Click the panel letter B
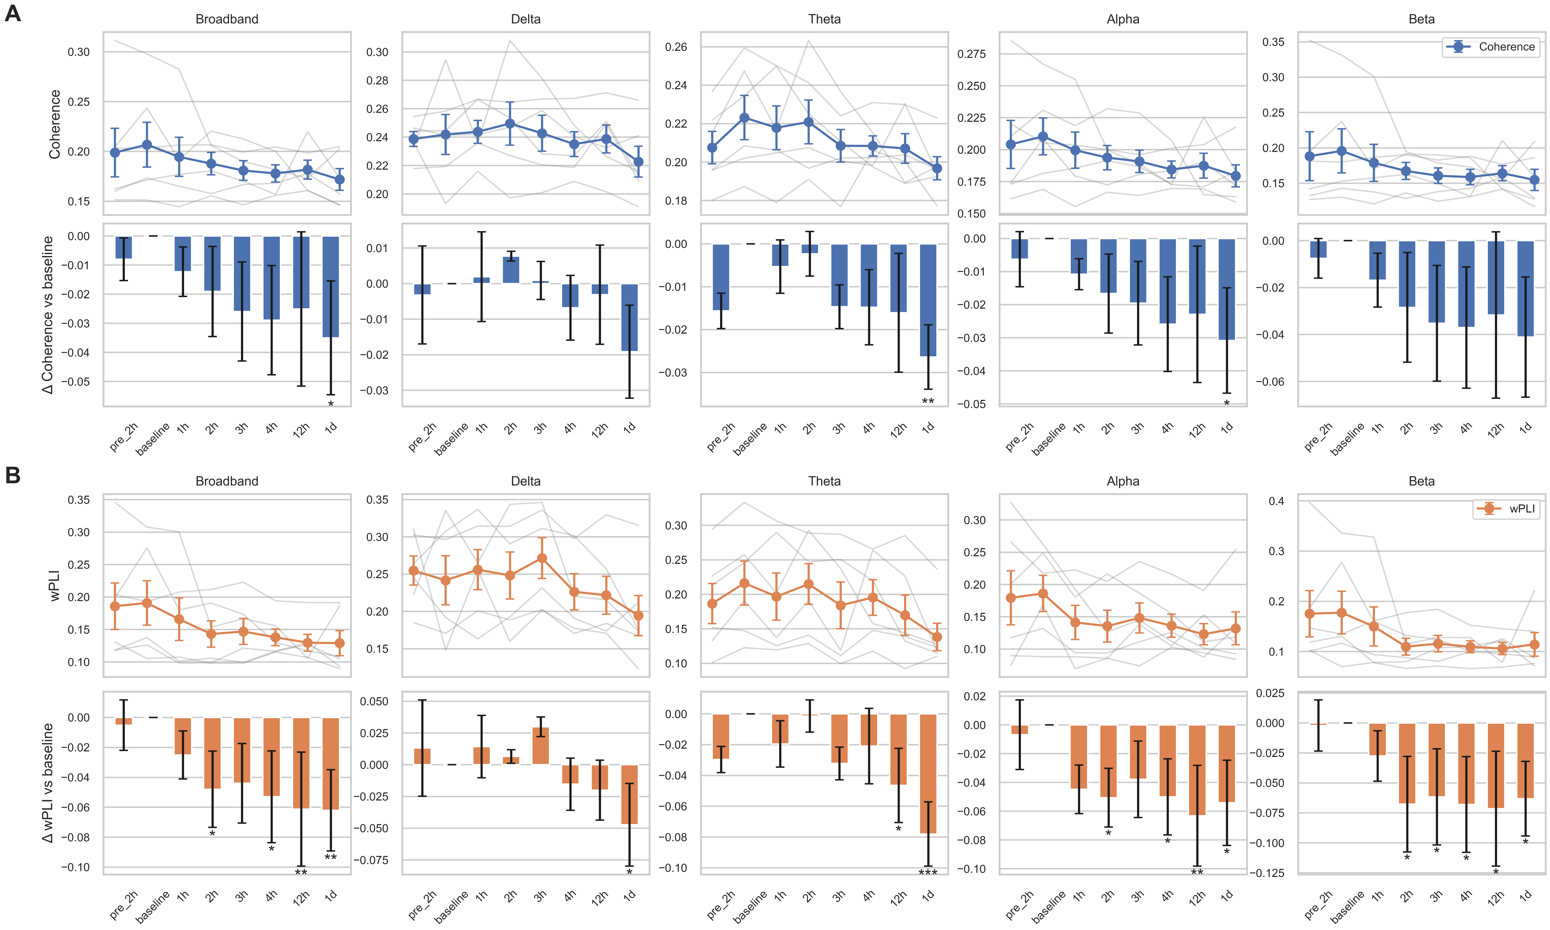13,475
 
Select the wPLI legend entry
1507,509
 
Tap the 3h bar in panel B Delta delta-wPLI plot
540,746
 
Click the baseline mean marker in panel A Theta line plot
744,118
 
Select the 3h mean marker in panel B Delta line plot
542,558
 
